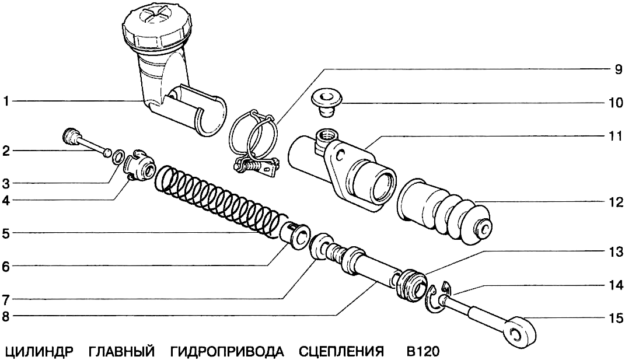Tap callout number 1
tap(5, 102)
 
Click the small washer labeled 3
tap(117, 156)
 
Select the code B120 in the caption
tap(423, 351)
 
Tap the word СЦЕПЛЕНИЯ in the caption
tap(341, 351)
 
